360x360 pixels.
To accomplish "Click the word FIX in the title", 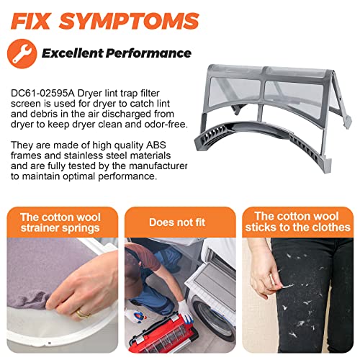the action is click(30, 21).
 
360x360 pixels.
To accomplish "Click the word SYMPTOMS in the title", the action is click(129, 21).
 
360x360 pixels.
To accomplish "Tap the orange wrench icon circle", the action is click(22, 53).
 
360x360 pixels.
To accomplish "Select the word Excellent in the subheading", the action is click(73, 53).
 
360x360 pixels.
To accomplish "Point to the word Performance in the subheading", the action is click(148, 53).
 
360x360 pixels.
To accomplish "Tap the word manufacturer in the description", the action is click(158, 166).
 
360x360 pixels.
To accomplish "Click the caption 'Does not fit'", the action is click(177, 222).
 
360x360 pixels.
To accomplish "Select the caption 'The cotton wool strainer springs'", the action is click(60, 222).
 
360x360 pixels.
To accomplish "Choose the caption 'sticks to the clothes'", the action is click(297, 228).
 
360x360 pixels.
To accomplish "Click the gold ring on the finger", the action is click(81, 313).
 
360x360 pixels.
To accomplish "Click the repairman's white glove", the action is click(185, 310).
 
